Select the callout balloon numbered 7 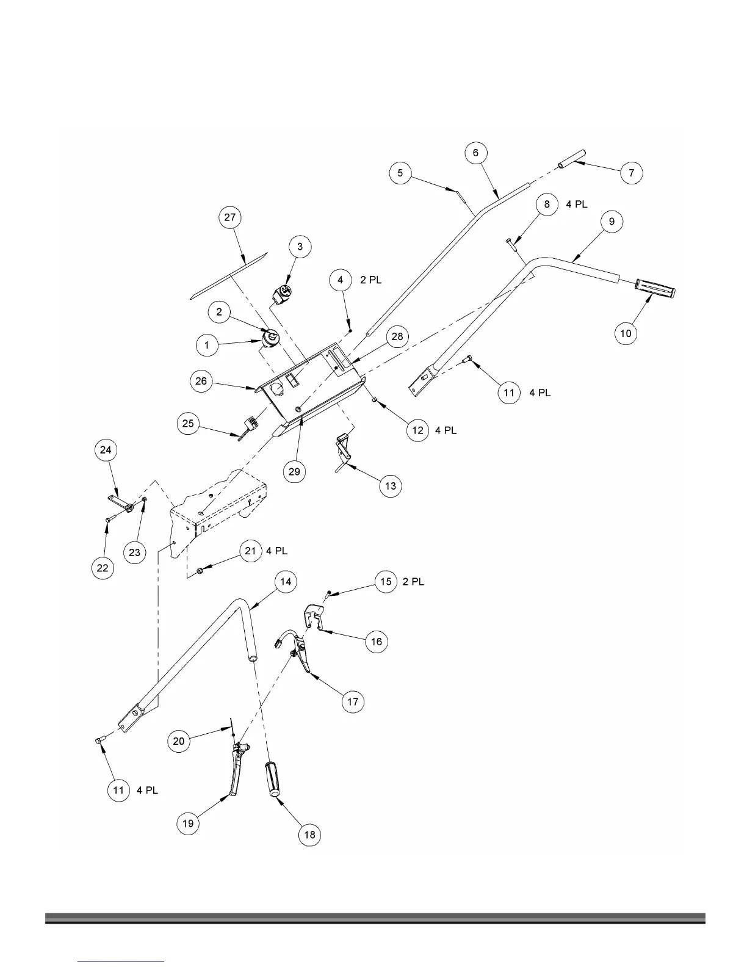632,173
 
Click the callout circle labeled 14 286,582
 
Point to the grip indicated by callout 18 273,778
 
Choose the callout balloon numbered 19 188,824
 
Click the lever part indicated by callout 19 235,772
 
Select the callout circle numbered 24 106,450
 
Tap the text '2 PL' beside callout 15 413,582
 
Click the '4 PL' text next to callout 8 577,204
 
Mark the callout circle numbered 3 300,247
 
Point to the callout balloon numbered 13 391,486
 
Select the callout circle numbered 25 189,424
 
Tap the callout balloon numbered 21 250,551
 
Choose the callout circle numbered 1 207,346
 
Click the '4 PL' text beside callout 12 446,430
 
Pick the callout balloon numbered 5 400,173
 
